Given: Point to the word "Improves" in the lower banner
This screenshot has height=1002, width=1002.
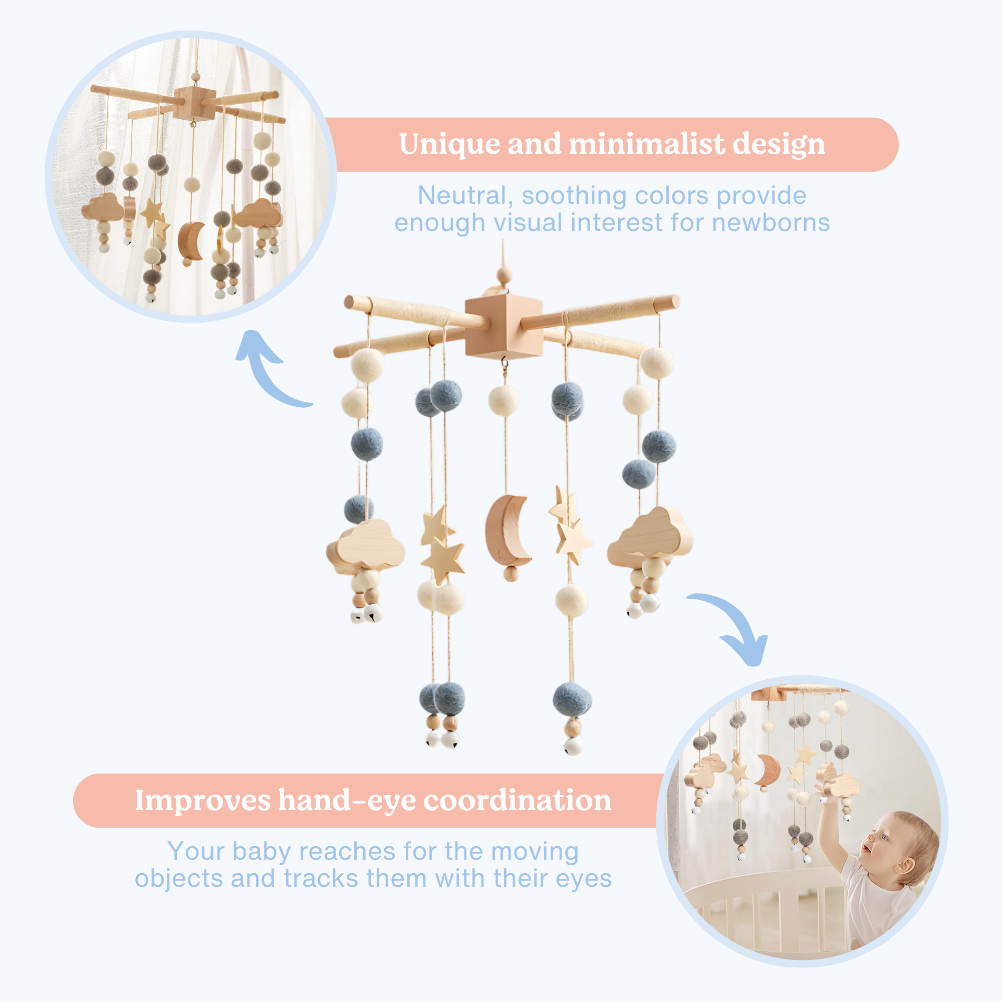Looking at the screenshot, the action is (203, 801).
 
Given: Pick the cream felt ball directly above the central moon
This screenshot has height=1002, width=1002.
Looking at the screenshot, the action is (504, 400).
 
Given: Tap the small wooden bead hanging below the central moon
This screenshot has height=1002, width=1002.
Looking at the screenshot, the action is (511, 574).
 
